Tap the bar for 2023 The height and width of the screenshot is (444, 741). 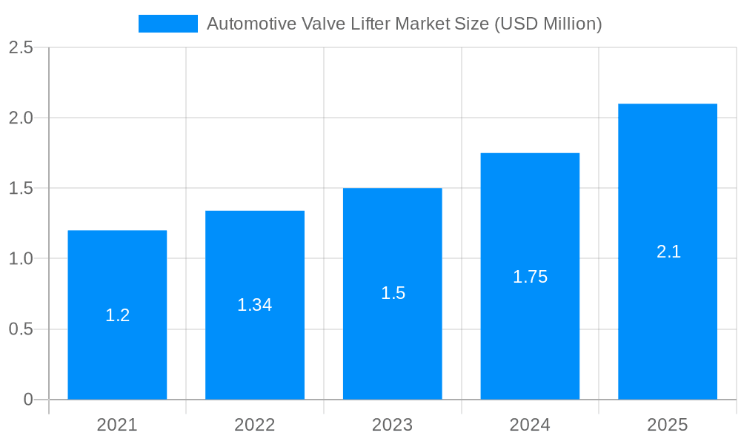click(393, 348)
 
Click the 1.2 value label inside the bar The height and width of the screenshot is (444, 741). click(117, 315)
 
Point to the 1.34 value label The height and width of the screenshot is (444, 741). click(255, 305)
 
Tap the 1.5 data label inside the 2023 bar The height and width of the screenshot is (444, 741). click(393, 293)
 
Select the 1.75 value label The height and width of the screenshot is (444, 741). click(530, 277)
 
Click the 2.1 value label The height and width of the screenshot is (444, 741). click(668, 252)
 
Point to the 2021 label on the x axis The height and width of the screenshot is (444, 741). click(117, 425)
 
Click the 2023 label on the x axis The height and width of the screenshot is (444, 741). click(393, 425)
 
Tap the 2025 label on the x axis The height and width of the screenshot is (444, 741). click(668, 425)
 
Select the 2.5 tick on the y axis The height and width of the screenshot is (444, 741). click(21, 47)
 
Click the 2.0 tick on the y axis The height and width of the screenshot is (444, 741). click(21, 118)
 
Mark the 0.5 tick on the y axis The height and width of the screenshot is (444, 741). click(21, 329)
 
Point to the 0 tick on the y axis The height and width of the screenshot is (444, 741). click(28, 400)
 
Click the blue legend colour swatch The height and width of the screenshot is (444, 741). click(168, 24)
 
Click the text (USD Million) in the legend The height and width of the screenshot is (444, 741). click(548, 24)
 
